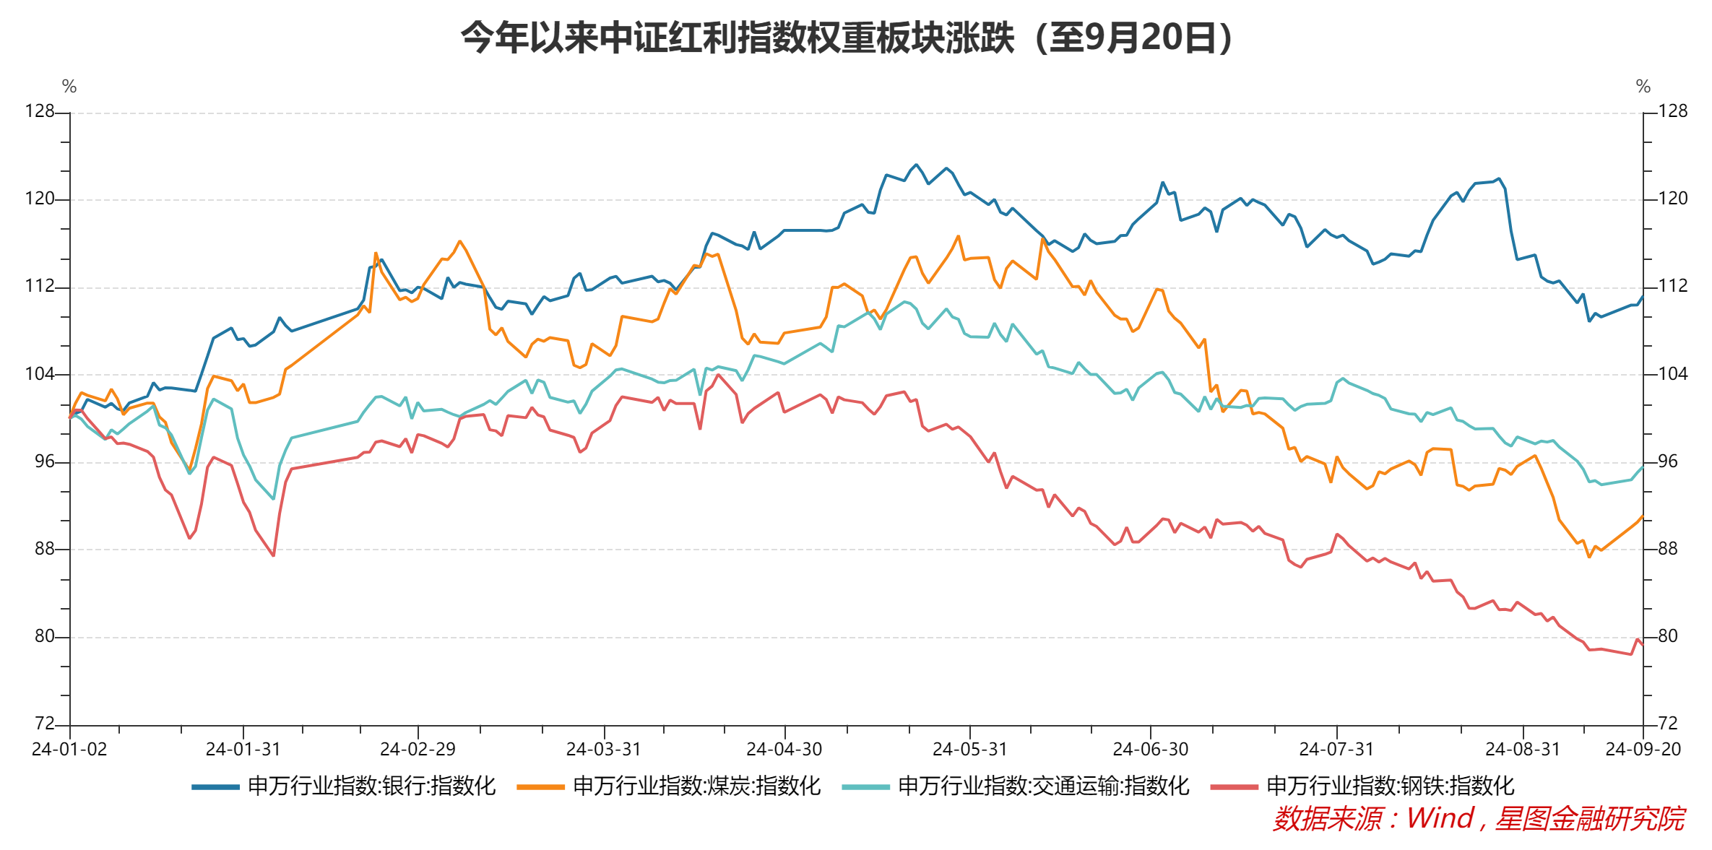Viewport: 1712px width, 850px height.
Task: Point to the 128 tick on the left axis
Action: point(40,111)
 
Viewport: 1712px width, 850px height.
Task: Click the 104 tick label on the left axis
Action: point(40,374)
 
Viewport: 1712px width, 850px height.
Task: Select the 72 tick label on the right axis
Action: point(1667,724)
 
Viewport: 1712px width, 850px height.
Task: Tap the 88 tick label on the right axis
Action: point(1667,549)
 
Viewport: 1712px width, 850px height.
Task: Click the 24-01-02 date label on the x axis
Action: point(69,750)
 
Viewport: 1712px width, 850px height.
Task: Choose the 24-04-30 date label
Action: point(784,750)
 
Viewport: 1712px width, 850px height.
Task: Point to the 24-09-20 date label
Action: point(1643,750)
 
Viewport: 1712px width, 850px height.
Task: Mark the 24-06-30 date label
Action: point(1151,750)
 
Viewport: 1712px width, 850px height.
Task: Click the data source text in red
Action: point(1479,819)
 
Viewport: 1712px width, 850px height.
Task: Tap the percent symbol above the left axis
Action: point(69,87)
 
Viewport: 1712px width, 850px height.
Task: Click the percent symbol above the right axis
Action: point(1643,87)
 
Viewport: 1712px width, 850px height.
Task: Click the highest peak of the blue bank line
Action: point(917,165)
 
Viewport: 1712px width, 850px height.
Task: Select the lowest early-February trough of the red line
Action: point(273,555)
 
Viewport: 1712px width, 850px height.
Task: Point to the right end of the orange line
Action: point(1643,516)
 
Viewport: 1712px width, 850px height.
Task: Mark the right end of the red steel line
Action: point(1643,644)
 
